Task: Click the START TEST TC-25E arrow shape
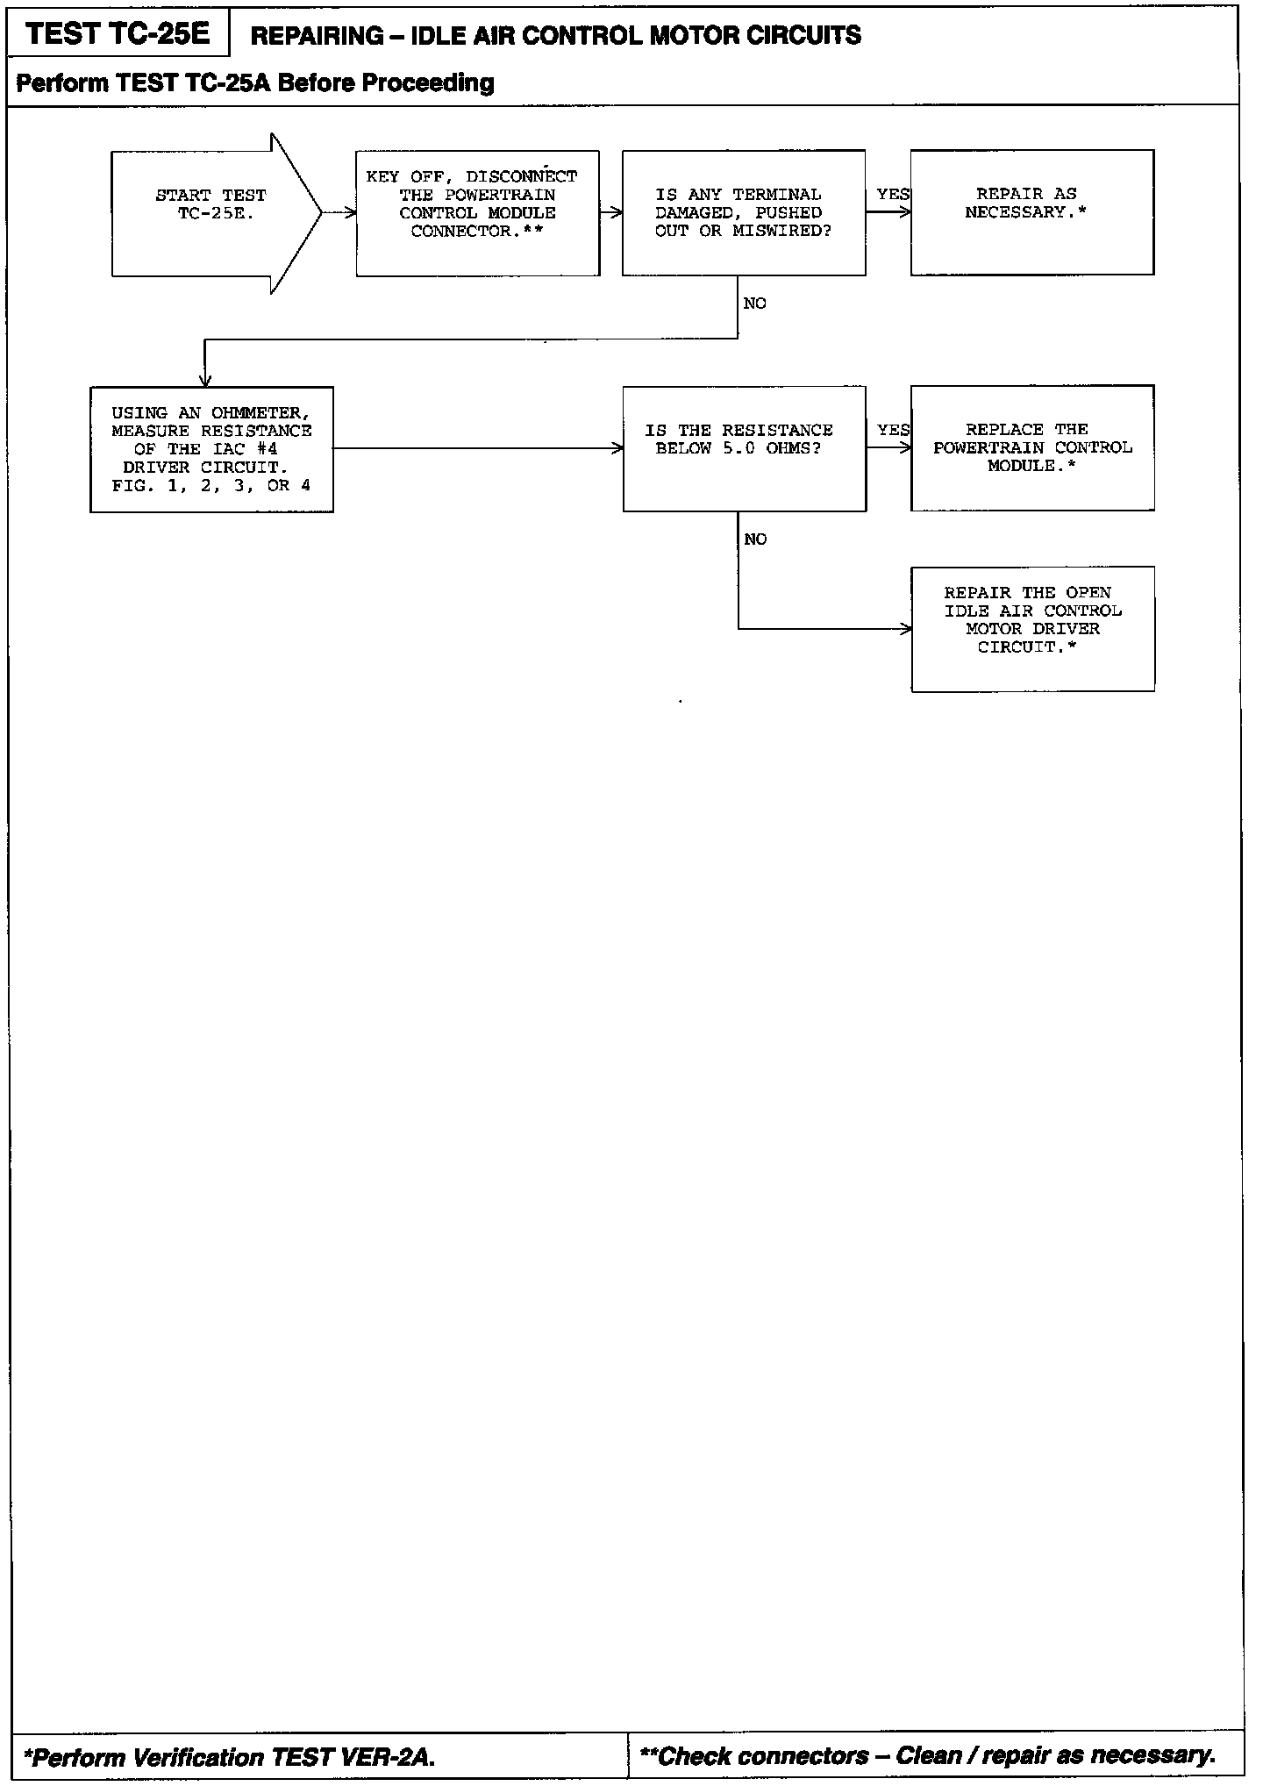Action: (210, 212)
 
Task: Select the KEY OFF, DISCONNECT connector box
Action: (478, 212)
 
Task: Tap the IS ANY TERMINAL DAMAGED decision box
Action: (744, 212)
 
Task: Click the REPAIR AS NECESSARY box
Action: (1031, 212)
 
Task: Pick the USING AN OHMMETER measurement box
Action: (211, 449)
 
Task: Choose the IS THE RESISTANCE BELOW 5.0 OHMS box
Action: (744, 448)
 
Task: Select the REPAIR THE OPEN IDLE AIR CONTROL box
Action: (1031, 628)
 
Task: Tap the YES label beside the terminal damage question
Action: (893, 194)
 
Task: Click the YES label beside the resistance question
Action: (893, 430)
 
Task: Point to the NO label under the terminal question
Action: (754, 304)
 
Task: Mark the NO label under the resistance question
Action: (754, 539)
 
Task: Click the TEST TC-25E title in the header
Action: (118, 34)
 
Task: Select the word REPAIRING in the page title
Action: (317, 36)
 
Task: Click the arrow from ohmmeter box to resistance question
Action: (478, 448)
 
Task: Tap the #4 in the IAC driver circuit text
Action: (267, 449)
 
